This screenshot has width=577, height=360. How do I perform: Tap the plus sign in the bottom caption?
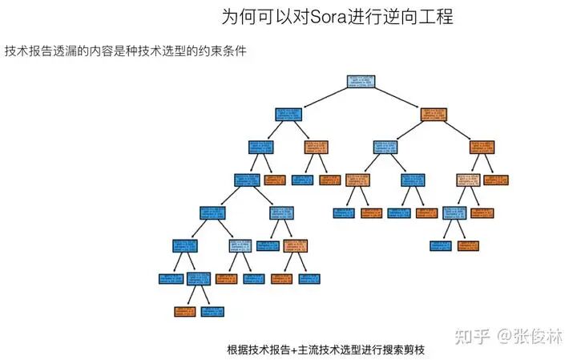pos(294,350)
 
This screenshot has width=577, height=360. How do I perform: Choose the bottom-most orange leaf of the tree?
pos(185,311)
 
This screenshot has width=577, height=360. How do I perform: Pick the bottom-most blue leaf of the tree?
pos(213,311)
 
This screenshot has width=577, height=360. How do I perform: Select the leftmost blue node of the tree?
pos(171,279)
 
